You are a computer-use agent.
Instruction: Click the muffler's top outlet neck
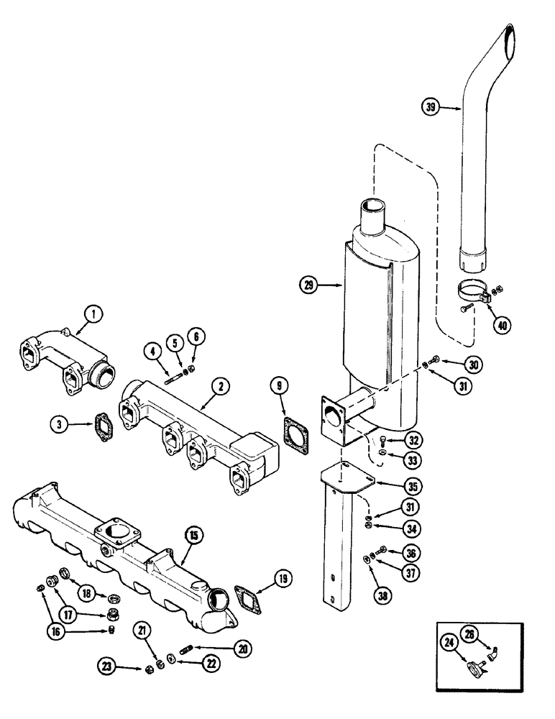375,214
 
